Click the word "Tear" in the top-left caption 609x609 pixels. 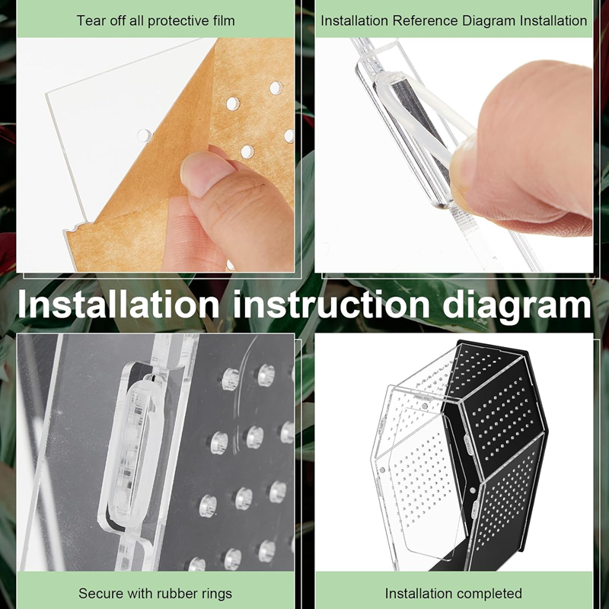coord(89,21)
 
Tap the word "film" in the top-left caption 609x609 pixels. coord(224,21)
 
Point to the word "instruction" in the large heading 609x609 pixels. coord(331,304)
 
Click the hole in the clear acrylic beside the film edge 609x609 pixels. coord(144,136)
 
